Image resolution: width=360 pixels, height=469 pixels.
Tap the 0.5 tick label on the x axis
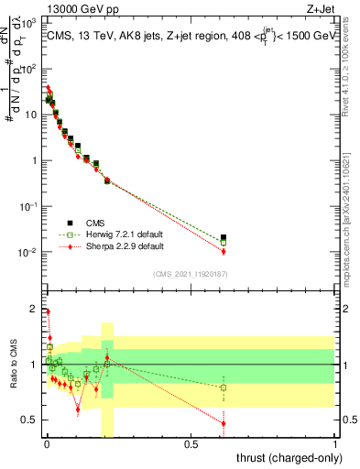tap(191, 445)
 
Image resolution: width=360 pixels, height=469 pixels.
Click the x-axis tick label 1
tap(336, 445)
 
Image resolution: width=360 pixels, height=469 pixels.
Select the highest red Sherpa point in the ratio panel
tap(48, 312)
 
